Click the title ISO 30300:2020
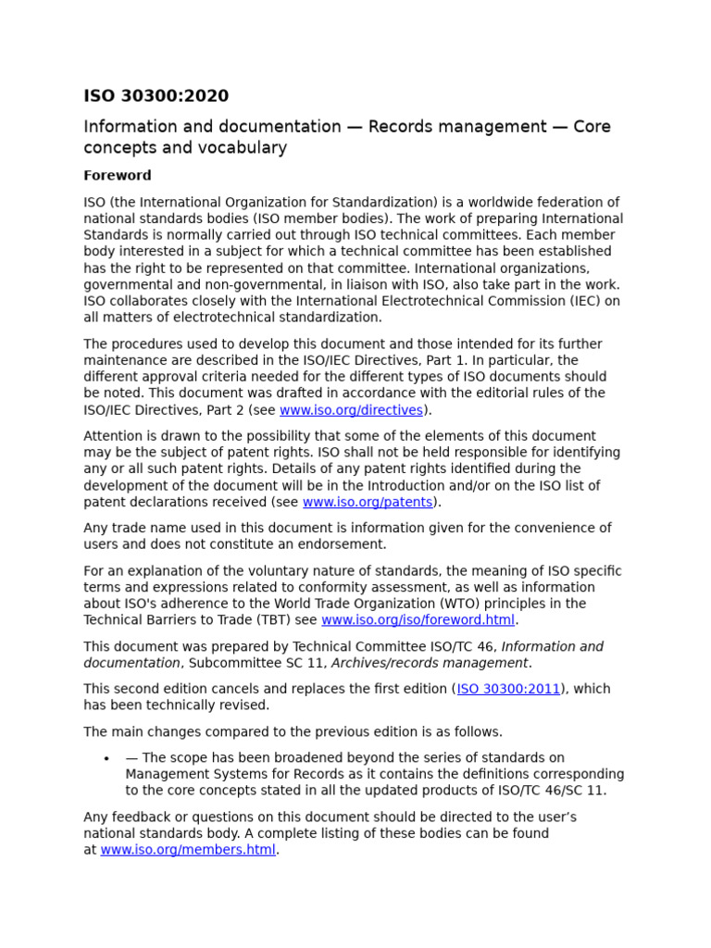click(x=156, y=96)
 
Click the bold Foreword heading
click(x=118, y=175)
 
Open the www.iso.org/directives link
click(x=351, y=410)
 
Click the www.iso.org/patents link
click(x=368, y=502)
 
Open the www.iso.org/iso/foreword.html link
click(x=418, y=620)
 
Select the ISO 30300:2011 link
click(x=508, y=689)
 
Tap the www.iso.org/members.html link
click(x=188, y=850)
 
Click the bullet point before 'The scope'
click(x=107, y=758)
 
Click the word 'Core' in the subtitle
click(x=591, y=127)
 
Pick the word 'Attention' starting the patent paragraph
click(x=114, y=436)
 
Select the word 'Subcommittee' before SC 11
click(x=232, y=663)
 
